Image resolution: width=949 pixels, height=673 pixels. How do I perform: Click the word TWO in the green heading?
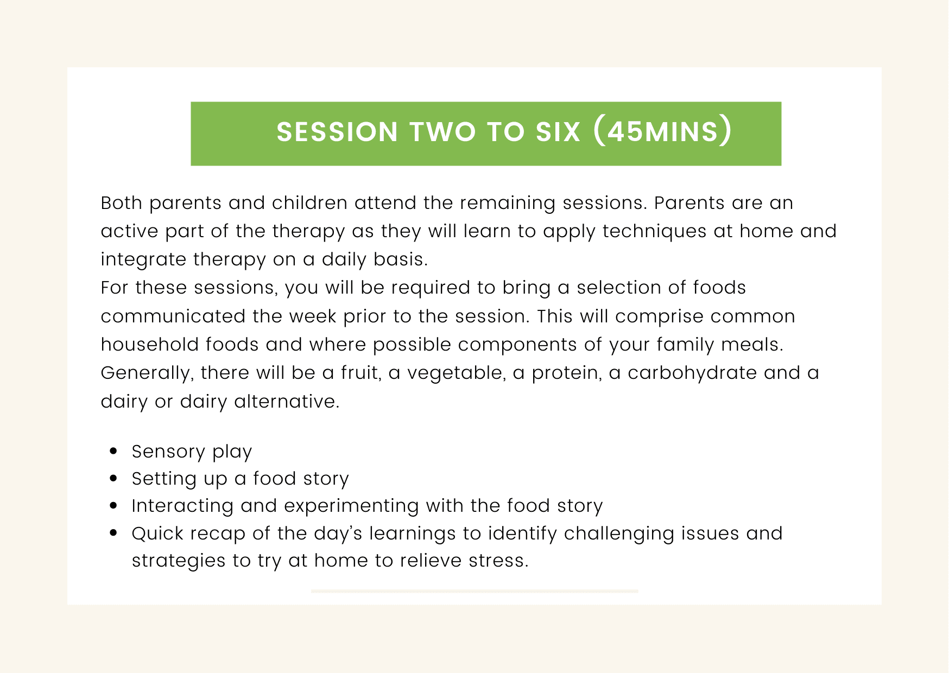point(442,132)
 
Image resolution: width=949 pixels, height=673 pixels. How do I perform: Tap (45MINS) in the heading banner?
point(662,131)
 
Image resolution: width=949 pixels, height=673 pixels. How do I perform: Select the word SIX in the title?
point(558,132)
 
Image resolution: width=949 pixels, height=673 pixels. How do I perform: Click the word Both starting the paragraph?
point(122,203)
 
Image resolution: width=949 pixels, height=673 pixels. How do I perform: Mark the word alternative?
point(287,402)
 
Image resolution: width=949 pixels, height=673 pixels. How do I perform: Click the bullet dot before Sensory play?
point(113,450)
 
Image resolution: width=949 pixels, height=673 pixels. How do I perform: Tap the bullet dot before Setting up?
point(113,478)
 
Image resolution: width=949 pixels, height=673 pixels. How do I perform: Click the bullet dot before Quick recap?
point(113,533)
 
